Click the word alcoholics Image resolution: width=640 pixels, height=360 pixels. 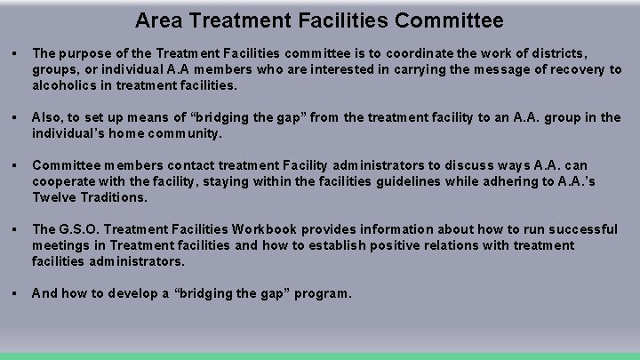pyautogui.click(x=64, y=86)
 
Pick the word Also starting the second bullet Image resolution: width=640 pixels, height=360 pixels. pyautogui.click(x=46, y=117)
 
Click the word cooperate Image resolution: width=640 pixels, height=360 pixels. pyautogui.click(x=63, y=181)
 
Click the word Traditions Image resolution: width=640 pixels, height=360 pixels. pyautogui.click(x=112, y=197)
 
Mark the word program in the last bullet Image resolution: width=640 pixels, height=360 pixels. pyautogui.click(x=320, y=292)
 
